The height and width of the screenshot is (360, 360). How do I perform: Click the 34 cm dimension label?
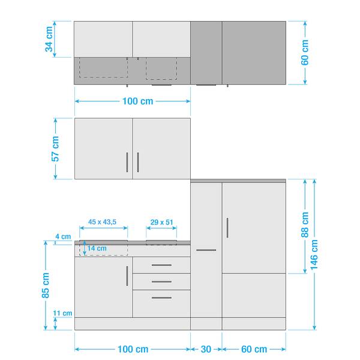(49, 39)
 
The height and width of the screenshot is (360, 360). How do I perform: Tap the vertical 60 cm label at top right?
(305, 52)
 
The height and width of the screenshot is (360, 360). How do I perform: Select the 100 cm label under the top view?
(138, 101)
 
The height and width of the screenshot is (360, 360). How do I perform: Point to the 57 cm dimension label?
(55, 149)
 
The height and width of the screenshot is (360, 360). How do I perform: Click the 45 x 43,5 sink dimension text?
(103, 222)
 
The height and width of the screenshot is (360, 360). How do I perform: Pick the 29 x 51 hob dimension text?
(161, 222)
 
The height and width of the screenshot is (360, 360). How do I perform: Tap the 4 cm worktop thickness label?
(63, 236)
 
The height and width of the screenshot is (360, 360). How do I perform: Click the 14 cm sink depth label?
(97, 248)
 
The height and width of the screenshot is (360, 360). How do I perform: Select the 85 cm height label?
(46, 286)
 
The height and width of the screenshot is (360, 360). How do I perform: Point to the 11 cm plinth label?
(62, 313)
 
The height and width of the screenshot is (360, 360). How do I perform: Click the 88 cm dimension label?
(305, 224)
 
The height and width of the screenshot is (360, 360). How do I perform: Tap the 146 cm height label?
(314, 255)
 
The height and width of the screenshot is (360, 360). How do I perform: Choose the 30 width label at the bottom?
(206, 349)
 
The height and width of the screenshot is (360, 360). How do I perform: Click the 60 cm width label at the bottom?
(254, 349)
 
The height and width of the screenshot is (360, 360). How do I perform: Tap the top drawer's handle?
(161, 265)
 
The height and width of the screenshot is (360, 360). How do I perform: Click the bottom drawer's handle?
(161, 298)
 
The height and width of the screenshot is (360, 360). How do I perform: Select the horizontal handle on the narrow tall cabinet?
(206, 250)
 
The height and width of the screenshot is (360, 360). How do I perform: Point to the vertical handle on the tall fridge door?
(227, 228)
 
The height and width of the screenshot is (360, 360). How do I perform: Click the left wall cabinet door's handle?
(127, 163)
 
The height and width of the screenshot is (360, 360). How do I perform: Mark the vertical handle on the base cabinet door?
(127, 276)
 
